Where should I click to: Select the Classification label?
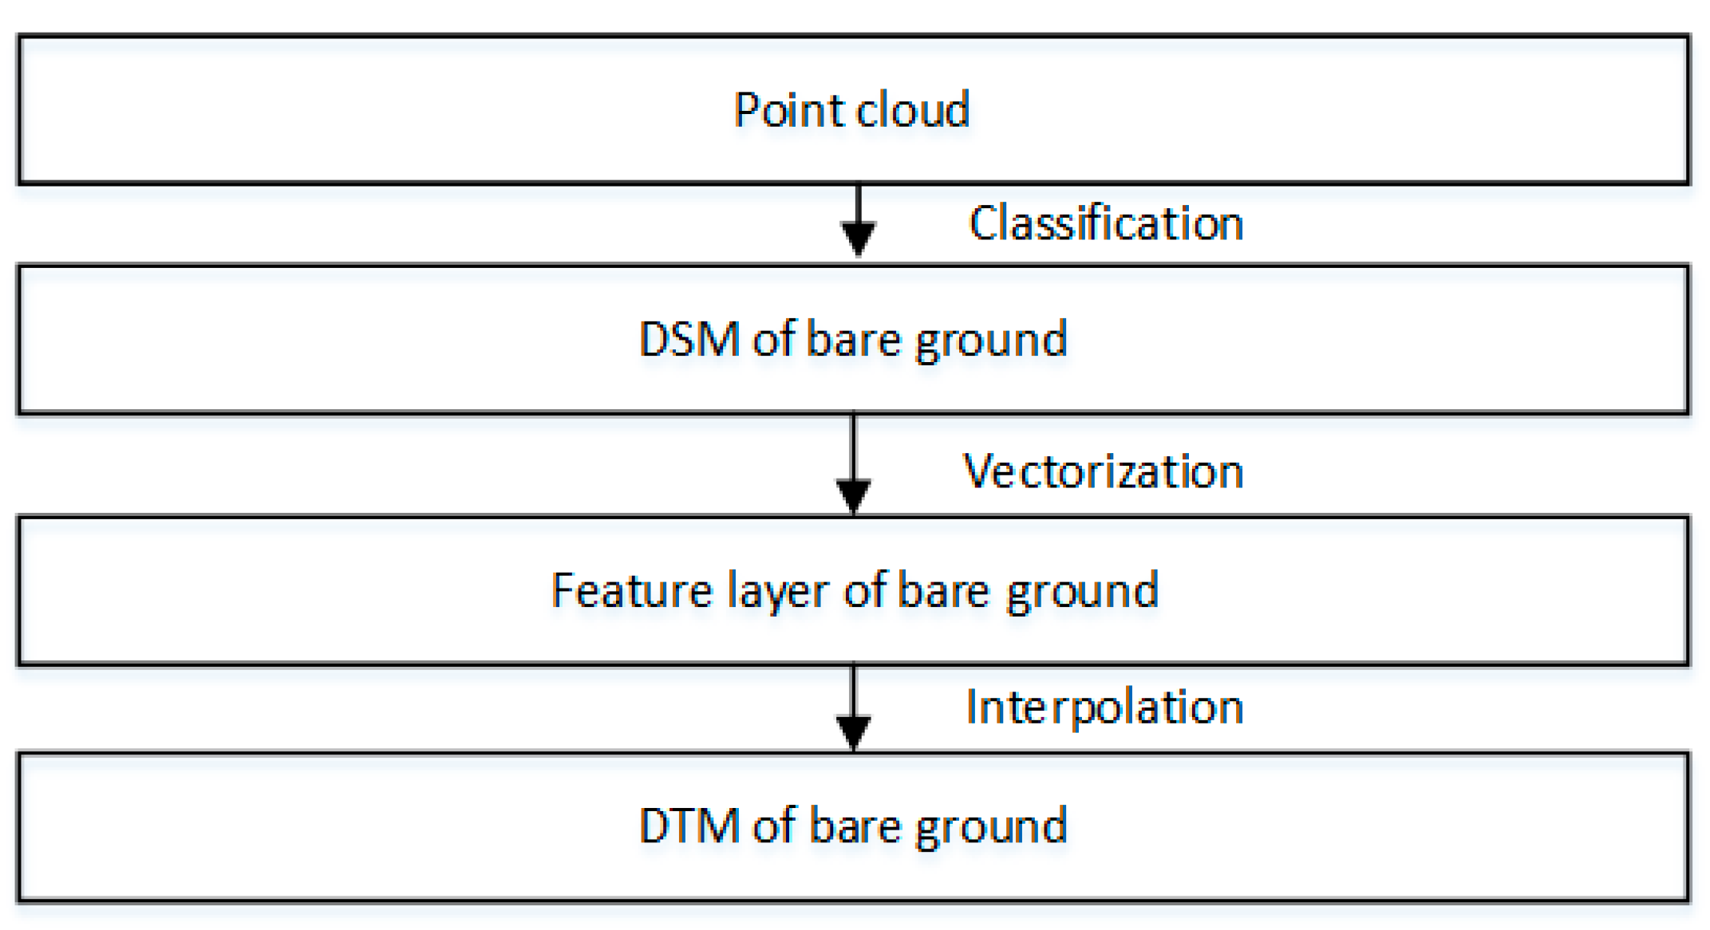pyautogui.click(x=1106, y=223)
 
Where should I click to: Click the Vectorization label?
pyautogui.click(x=1103, y=471)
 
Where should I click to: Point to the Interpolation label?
pyautogui.click(x=1104, y=707)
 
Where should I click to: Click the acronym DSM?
pyautogui.click(x=689, y=338)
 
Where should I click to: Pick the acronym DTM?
pyautogui.click(x=689, y=825)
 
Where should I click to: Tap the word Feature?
pyautogui.click(x=631, y=590)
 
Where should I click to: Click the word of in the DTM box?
pyautogui.click(x=774, y=825)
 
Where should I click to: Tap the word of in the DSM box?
pyautogui.click(x=773, y=338)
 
